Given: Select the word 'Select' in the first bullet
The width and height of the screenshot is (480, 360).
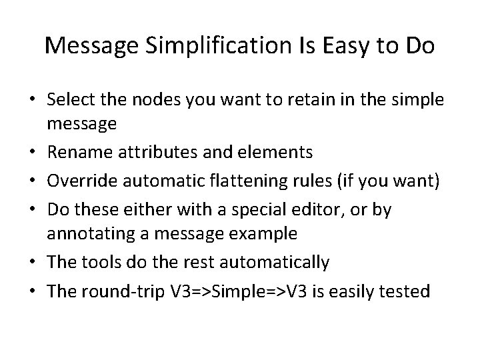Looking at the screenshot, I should [70, 101].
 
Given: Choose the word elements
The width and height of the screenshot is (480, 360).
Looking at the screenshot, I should [273, 153].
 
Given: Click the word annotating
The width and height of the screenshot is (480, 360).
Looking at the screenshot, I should [88, 235].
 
